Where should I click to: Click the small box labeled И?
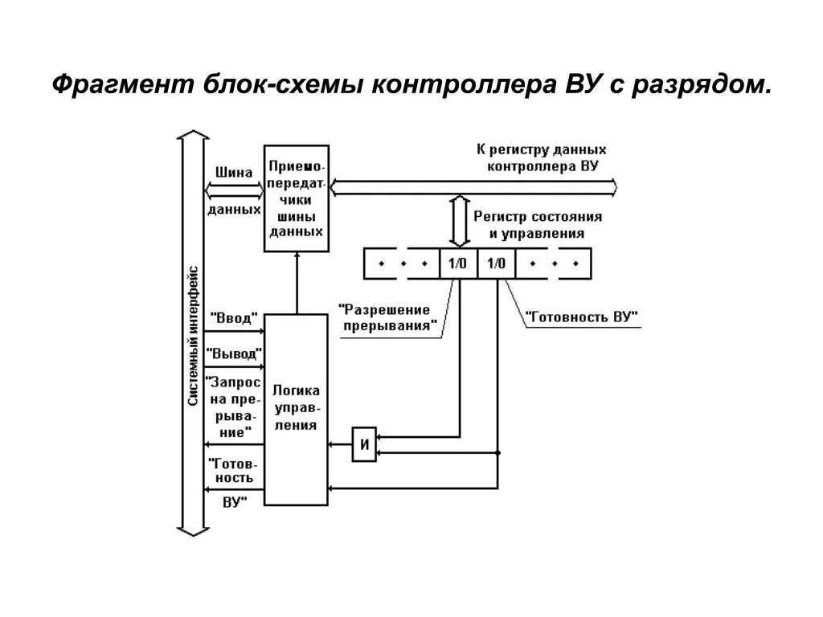364,444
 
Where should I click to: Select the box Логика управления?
296,409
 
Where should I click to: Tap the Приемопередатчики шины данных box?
296,198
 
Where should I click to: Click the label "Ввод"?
233,318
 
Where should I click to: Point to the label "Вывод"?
234,353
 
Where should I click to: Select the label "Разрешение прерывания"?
389,317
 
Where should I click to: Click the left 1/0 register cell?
458,263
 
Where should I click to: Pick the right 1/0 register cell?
496,263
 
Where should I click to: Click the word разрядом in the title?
701,84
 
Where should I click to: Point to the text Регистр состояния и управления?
538,226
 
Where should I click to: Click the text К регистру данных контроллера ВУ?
540,157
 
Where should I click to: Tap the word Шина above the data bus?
234,172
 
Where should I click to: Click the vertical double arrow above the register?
459,219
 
